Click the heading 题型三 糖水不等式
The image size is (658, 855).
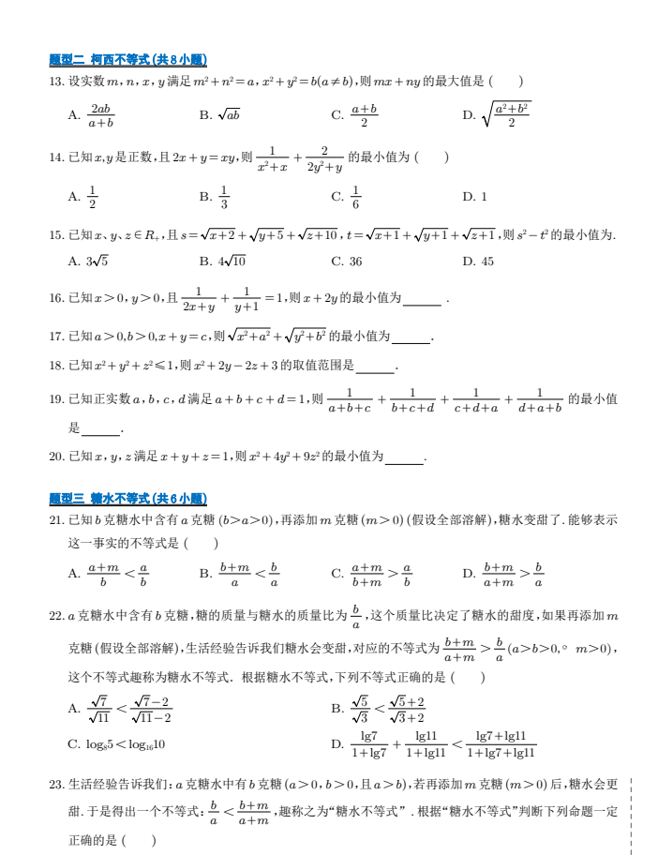pyautogui.click(x=127, y=498)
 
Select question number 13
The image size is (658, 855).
pyautogui.click(x=56, y=82)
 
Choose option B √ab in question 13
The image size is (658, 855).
pyautogui.click(x=219, y=115)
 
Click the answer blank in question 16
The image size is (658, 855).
pyautogui.click(x=422, y=299)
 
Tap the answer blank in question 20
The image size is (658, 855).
pyautogui.click(x=404, y=457)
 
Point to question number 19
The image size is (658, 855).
pyautogui.click(x=56, y=399)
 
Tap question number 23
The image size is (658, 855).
pyautogui.click(x=56, y=786)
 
